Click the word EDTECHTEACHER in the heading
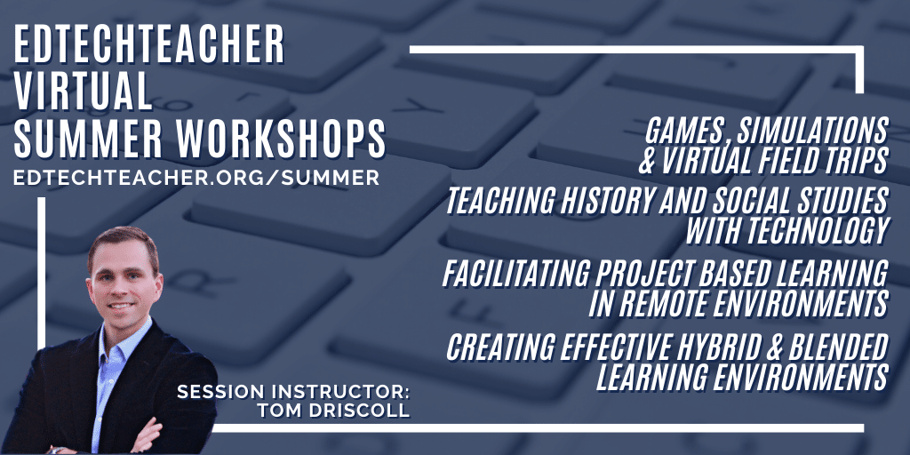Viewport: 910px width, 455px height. (149, 44)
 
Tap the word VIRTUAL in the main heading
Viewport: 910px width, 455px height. (83, 92)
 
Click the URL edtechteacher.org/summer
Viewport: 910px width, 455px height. (196, 178)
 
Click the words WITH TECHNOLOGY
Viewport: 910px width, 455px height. (787, 230)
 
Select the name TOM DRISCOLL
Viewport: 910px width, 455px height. (334, 411)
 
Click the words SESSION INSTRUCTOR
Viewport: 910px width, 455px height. (293, 392)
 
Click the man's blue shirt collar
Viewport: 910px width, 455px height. (117, 339)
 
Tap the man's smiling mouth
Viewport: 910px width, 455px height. (122, 306)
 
